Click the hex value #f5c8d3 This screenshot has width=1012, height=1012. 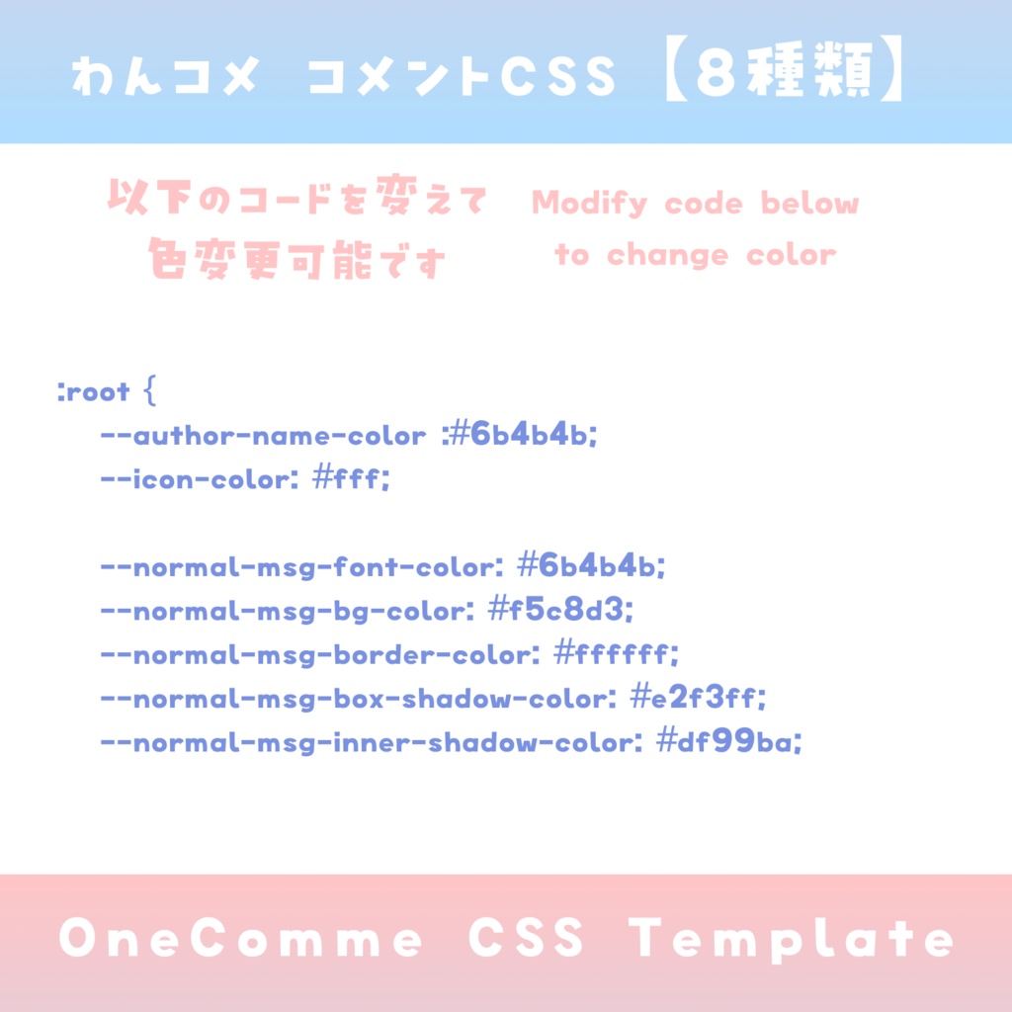pos(560,611)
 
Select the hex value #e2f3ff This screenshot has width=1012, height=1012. pos(699,699)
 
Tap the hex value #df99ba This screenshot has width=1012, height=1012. pos(728,742)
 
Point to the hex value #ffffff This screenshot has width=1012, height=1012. pos(617,654)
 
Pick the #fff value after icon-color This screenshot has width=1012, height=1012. pos(351,479)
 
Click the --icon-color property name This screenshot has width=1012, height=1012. pos(199,479)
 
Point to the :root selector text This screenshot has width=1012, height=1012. pos(95,392)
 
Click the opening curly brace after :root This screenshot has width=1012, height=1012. pos(150,391)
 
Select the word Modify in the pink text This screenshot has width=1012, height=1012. pos(589,205)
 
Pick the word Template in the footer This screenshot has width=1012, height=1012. pos(793,939)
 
